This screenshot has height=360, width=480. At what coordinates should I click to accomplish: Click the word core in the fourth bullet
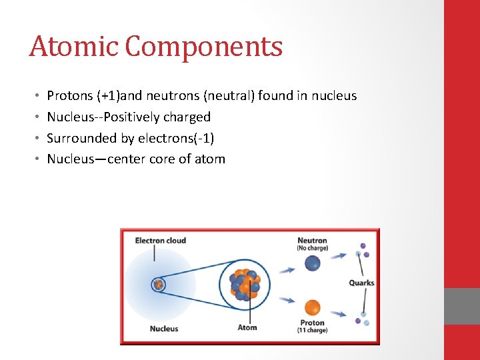click(x=163, y=159)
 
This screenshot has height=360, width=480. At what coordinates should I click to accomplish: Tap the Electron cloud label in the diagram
click(x=160, y=241)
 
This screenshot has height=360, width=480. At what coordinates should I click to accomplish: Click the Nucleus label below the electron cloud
click(x=163, y=328)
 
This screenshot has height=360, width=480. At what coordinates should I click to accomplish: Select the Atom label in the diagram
click(x=247, y=327)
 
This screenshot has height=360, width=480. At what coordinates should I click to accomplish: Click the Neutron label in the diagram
click(x=312, y=241)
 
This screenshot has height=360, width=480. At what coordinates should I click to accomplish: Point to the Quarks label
click(x=361, y=283)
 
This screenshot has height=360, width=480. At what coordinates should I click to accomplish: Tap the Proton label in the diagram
click(x=312, y=323)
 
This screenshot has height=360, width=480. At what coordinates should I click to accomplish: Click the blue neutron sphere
click(x=312, y=263)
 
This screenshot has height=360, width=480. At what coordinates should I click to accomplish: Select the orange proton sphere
click(x=312, y=307)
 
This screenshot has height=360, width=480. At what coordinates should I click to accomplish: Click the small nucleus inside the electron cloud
click(x=159, y=285)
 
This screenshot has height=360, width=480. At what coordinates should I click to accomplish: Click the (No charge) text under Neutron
click(x=312, y=249)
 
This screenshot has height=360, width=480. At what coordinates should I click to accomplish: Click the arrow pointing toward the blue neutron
click(x=287, y=269)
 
